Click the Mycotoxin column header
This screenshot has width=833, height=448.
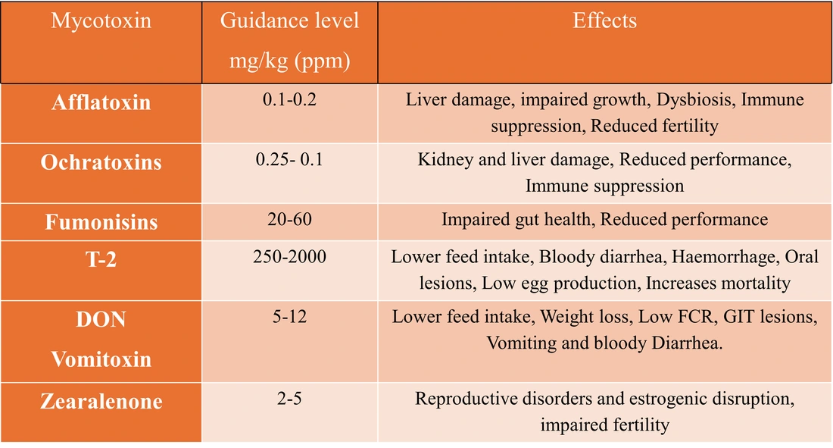tap(101, 21)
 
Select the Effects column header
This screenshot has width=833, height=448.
tap(604, 21)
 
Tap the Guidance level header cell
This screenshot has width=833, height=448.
tap(289, 41)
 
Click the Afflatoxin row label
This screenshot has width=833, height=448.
tap(101, 102)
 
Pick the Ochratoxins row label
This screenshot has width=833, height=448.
tap(101, 162)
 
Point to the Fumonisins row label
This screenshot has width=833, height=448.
tap(101, 222)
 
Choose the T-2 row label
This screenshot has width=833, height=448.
tap(101, 258)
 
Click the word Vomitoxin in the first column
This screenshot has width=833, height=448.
tap(101, 359)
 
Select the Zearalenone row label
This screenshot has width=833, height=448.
tap(101, 401)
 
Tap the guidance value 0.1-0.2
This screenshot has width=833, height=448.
tap(289, 100)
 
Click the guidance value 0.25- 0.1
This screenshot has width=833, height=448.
tap(289, 160)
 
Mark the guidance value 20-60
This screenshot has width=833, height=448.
tap(289, 220)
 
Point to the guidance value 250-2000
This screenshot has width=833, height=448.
tap(289, 257)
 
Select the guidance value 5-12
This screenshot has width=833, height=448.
tap(289, 317)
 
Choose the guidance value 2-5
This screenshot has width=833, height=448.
tap(289, 399)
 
